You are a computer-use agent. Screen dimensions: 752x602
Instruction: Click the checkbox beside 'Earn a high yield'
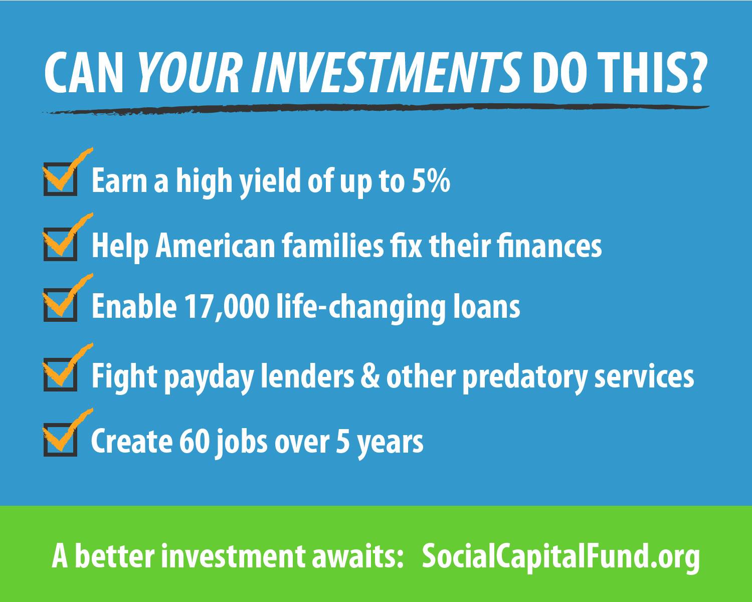pyautogui.click(x=61, y=179)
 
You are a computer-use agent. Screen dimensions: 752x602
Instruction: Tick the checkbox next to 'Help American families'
pyautogui.click(x=61, y=244)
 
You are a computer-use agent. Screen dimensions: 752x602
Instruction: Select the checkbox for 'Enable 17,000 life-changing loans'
pyautogui.click(x=61, y=305)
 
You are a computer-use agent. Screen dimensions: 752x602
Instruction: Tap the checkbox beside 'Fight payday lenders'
pyautogui.click(x=61, y=374)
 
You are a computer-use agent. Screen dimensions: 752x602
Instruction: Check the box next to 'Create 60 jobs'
pyautogui.click(x=61, y=440)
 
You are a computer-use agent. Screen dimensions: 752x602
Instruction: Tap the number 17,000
pyautogui.click(x=227, y=306)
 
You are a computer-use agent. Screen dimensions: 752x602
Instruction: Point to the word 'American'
pyautogui.click(x=215, y=246)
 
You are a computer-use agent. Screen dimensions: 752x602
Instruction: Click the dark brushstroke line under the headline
pyautogui.click(x=375, y=109)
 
